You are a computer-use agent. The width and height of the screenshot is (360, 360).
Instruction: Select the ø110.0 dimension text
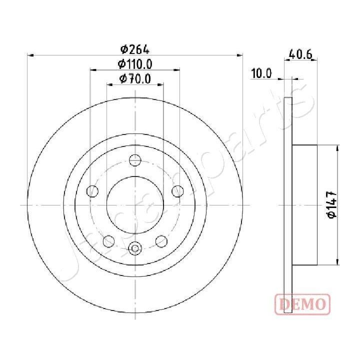[135, 64]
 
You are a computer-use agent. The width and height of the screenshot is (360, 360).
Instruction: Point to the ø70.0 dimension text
[135, 78]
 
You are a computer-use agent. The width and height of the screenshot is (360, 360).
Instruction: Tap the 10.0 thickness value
[261, 74]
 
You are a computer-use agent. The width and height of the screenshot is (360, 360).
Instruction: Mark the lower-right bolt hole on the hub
[161, 241]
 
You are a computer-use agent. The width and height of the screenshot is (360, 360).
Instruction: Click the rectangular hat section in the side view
[304, 204]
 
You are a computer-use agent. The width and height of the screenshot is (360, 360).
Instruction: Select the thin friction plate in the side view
[287, 204]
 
